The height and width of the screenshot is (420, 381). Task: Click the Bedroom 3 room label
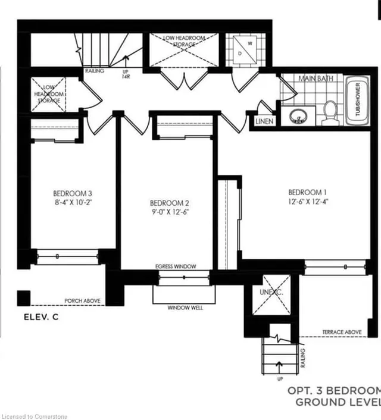pos(72,193)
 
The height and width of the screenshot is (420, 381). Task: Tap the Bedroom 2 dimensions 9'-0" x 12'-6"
pos(170,211)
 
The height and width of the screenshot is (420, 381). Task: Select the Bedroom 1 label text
pos(307,192)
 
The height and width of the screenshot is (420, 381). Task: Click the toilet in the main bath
pos(330,112)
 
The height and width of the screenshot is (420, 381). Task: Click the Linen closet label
pos(264,121)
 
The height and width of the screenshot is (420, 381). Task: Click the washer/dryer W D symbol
pos(243,47)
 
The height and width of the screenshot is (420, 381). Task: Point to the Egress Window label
pos(175,267)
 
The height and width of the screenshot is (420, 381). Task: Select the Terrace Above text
pos(342,332)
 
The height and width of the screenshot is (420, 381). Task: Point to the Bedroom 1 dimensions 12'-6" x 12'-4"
pos(307,202)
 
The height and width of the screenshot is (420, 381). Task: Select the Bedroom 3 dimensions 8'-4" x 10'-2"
pos(72,202)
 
